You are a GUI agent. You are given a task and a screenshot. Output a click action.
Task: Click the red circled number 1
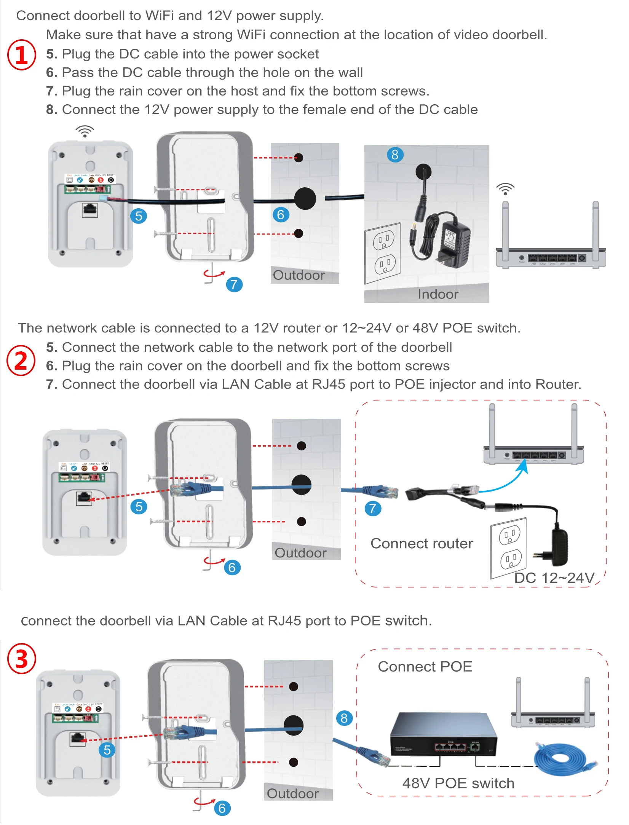(22, 55)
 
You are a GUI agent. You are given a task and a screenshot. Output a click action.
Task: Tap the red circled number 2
(21, 360)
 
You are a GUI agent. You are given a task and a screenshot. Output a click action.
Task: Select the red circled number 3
(22, 659)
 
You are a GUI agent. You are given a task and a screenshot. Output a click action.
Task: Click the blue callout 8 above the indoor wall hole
(395, 155)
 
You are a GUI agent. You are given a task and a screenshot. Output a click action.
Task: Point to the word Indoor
(438, 294)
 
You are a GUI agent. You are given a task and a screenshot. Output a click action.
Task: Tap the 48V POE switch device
(444, 734)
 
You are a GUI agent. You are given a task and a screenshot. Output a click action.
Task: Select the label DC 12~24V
(554, 578)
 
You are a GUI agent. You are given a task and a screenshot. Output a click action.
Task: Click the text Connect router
(421, 543)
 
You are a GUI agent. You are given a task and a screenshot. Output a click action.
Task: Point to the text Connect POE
(425, 667)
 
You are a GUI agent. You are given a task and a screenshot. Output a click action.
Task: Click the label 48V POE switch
(458, 783)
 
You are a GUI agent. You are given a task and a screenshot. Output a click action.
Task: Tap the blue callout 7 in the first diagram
(234, 284)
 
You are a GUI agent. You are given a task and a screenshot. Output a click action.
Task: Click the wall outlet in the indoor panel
(383, 252)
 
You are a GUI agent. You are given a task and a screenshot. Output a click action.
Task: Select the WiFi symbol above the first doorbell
(85, 131)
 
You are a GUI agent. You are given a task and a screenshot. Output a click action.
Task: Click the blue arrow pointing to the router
(510, 478)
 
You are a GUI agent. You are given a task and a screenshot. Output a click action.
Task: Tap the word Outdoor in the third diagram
(292, 793)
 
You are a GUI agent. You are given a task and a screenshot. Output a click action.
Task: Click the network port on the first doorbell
(90, 210)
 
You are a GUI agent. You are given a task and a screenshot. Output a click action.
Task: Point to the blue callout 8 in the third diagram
(344, 718)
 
